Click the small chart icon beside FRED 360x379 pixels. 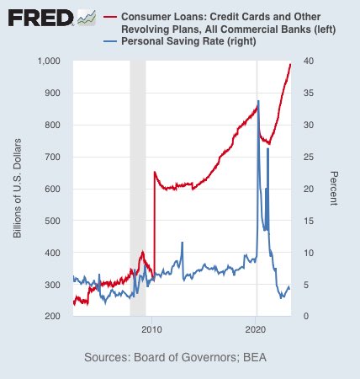(x=87, y=18)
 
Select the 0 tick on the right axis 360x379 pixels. (x=304, y=316)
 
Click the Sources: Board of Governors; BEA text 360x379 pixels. (x=179, y=358)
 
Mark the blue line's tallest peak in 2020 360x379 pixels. (x=258, y=101)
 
